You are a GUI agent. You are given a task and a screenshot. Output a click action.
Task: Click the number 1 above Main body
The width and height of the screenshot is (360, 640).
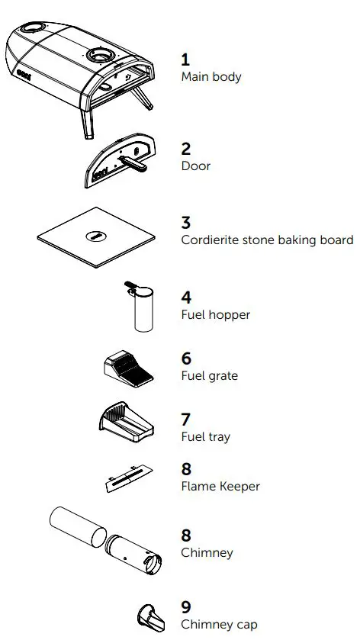click(185, 59)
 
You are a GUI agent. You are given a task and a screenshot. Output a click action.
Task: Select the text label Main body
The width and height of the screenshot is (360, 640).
click(211, 76)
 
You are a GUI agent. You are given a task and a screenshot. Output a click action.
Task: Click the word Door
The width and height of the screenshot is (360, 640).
click(195, 166)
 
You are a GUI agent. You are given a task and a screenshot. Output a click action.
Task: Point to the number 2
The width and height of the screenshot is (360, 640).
click(185, 149)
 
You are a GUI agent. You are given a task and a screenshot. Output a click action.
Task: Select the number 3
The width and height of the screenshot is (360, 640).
click(185, 223)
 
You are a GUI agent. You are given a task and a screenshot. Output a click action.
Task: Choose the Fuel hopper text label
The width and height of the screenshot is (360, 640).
click(215, 314)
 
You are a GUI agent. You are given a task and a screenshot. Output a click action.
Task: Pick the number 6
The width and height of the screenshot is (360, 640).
click(185, 359)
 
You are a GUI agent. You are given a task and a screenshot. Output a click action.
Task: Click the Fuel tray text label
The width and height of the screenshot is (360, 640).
click(205, 437)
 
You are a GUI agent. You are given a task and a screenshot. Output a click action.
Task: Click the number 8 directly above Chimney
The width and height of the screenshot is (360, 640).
click(185, 535)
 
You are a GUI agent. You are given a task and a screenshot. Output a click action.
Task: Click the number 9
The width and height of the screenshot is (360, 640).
click(185, 607)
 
